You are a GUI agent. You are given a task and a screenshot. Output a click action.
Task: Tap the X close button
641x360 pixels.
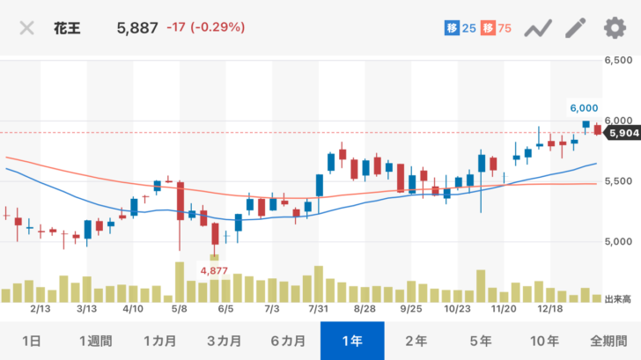click(27, 27)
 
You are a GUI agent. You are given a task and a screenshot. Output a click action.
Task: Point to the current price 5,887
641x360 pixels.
click(137, 27)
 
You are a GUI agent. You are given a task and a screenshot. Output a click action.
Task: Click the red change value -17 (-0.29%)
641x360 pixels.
click(205, 27)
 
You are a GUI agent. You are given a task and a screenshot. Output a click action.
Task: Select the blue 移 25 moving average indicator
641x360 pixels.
click(459, 28)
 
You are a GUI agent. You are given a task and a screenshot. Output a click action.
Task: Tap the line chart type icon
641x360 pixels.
click(537, 28)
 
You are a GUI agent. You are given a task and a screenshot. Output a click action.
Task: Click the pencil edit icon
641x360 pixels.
click(575, 27)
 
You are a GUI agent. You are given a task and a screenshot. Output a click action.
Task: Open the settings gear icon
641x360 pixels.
click(614, 27)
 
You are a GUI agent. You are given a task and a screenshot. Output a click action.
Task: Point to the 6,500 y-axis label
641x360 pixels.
click(619, 60)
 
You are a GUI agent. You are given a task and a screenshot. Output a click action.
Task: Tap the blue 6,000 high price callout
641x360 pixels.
click(584, 107)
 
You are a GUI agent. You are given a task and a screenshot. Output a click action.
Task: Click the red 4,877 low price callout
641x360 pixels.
click(215, 270)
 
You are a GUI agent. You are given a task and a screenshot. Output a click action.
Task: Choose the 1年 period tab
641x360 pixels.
click(352, 341)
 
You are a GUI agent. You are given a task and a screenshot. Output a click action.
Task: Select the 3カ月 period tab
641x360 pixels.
click(225, 341)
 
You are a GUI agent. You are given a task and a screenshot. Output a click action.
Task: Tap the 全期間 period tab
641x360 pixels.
click(608, 341)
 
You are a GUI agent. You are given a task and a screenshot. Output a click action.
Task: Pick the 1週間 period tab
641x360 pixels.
click(97, 341)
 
